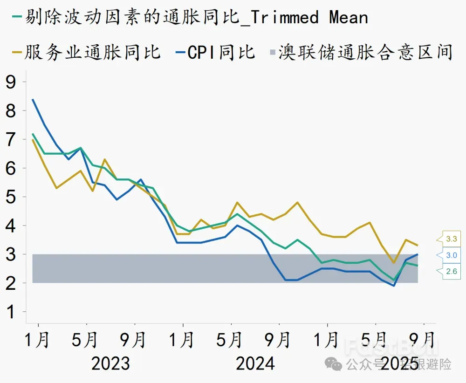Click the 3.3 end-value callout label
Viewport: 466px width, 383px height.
pos(452,239)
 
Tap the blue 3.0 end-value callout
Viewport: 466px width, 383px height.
pos(452,255)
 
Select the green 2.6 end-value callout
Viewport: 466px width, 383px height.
pos(452,271)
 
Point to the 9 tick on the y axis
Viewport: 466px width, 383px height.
pos(10,82)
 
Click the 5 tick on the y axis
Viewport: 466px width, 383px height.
pos(10,197)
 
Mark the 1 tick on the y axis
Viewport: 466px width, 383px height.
pos(10,312)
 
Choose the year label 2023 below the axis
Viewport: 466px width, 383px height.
pos(110,363)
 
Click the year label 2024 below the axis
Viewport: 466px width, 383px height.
pos(255,363)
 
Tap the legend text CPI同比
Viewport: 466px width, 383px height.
pos(221,52)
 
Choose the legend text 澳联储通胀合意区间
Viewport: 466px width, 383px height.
pos(366,52)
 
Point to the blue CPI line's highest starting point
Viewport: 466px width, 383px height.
pos(32,99)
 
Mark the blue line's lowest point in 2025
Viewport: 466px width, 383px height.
pos(394,286)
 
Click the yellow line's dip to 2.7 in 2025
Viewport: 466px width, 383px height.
pos(394,263)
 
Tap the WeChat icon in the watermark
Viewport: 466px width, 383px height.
pos(334,363)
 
